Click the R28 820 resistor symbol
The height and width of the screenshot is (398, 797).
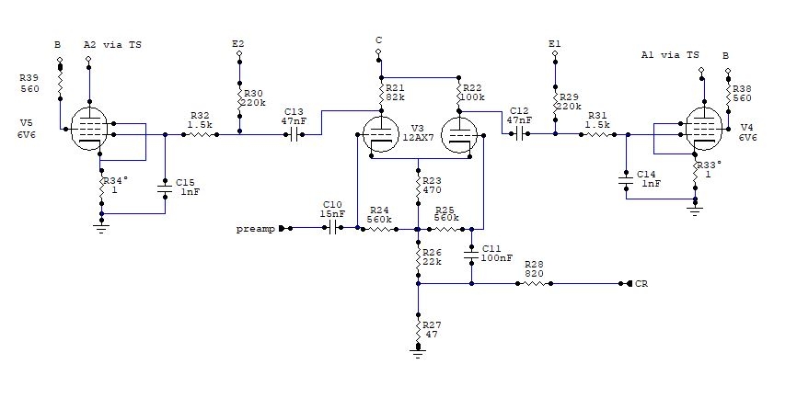click(x=533, y=284)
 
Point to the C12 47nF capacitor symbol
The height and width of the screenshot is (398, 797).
click(x=520, y=134)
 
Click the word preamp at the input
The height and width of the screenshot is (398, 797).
click(x=255, y=228)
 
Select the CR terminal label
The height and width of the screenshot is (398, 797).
click(x=641, y=284)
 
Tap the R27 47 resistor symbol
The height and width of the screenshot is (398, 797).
click(x=419, y=329)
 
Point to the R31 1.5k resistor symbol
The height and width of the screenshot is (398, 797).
click(x=595, y=134)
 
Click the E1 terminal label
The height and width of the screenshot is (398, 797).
click(x=553, y=43)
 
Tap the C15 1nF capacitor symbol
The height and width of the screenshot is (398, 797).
click(x=166, y=189)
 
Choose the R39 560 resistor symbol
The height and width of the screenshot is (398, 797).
click(x=60, y=84)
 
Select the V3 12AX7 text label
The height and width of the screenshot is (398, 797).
click(x=424, y=133)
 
